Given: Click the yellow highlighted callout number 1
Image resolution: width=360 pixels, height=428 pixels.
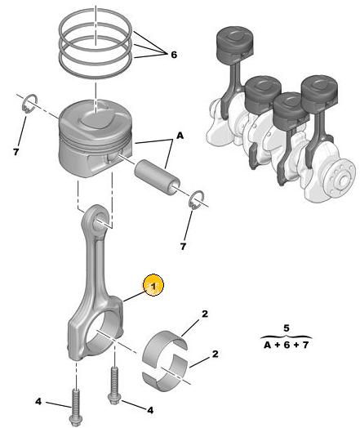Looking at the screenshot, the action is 153,286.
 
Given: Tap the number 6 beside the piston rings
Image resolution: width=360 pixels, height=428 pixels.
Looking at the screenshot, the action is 174,55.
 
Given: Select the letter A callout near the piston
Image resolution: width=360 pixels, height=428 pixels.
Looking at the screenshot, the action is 180,135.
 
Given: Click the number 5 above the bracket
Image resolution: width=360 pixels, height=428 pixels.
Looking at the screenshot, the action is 286,328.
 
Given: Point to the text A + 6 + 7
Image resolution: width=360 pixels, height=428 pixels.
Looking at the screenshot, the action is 286,345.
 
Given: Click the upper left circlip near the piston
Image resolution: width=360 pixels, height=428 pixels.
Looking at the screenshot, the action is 29,104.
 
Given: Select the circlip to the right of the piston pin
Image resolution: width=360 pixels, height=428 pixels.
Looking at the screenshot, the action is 196,200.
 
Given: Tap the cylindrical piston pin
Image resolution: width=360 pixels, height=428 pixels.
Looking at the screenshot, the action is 157,178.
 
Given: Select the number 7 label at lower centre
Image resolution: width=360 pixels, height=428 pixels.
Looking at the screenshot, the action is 183,247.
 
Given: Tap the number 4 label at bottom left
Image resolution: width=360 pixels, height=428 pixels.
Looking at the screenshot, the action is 38,401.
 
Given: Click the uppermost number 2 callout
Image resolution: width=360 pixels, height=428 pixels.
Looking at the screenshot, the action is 205,314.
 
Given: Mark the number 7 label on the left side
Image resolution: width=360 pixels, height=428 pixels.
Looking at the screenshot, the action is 16,152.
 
